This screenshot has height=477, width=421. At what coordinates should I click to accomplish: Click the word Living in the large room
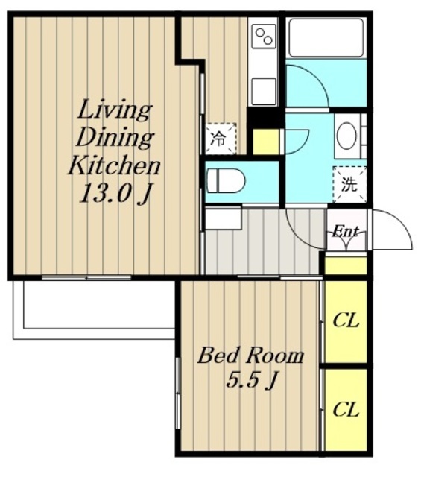pyautogui.click(x=114, y=111)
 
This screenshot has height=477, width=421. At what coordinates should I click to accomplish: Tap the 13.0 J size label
pyautogui.click(x=115, y=194)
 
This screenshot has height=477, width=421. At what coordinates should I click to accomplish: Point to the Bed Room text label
pyautogui.click(x=250, y=356)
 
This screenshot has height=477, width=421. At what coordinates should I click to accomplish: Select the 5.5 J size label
pyautogui.click(x=251, y=380)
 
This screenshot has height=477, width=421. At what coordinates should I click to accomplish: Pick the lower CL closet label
pyautogui.click(x=346, y=410)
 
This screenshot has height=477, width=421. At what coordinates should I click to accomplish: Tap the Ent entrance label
pyautogui.click(x=345, y=232)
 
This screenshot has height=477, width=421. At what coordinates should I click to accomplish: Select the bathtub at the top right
pyautogui.click(x=326, y=38)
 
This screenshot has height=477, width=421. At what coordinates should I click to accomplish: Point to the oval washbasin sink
pyautogui.click(x=346, y=136)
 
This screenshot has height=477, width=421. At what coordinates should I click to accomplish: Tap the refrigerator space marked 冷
pyautogui.click(x=221, y=139)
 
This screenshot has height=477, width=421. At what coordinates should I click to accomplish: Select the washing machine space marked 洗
pyautogui.click(x=349, y=184)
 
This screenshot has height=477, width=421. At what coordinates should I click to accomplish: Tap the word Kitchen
pyautogui.click(x=114, y=166)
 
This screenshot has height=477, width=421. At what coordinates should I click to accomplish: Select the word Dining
pyautogui.click(x=114, y=139)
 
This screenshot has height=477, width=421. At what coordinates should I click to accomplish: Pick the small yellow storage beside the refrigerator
pyautogui.click(x=266, y=142)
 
